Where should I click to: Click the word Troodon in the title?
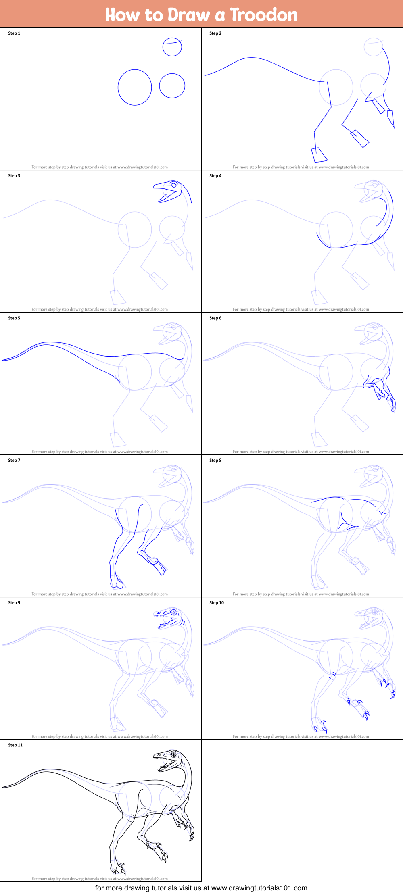pyautogui.click(x=263, y=15)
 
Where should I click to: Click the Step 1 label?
pyautogui.click(x=14, y=33)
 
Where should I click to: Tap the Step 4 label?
pyautogui.click(x=215, y=176)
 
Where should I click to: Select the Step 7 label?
pyautogui.click(x=14, y=460)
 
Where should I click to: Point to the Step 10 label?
pyautogui.click(x=217, y=602)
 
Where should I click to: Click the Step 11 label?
pyautogui.click(x=15, y=745)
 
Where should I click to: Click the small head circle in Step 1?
pyautogui.click(x=172, y=47)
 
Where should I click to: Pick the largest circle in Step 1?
pyautogui.click(x=135, y=87)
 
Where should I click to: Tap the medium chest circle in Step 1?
pyautogui.click(x=172, y=85)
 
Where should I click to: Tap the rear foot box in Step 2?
pyautogui.click(x=319, y=155)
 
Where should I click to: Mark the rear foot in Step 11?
pyautogui.click(x=117, y=868)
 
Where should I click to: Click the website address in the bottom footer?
pyautogui.click(x=259, y=888)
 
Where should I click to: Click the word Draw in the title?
pyautogui.click(x=188, y=15)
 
